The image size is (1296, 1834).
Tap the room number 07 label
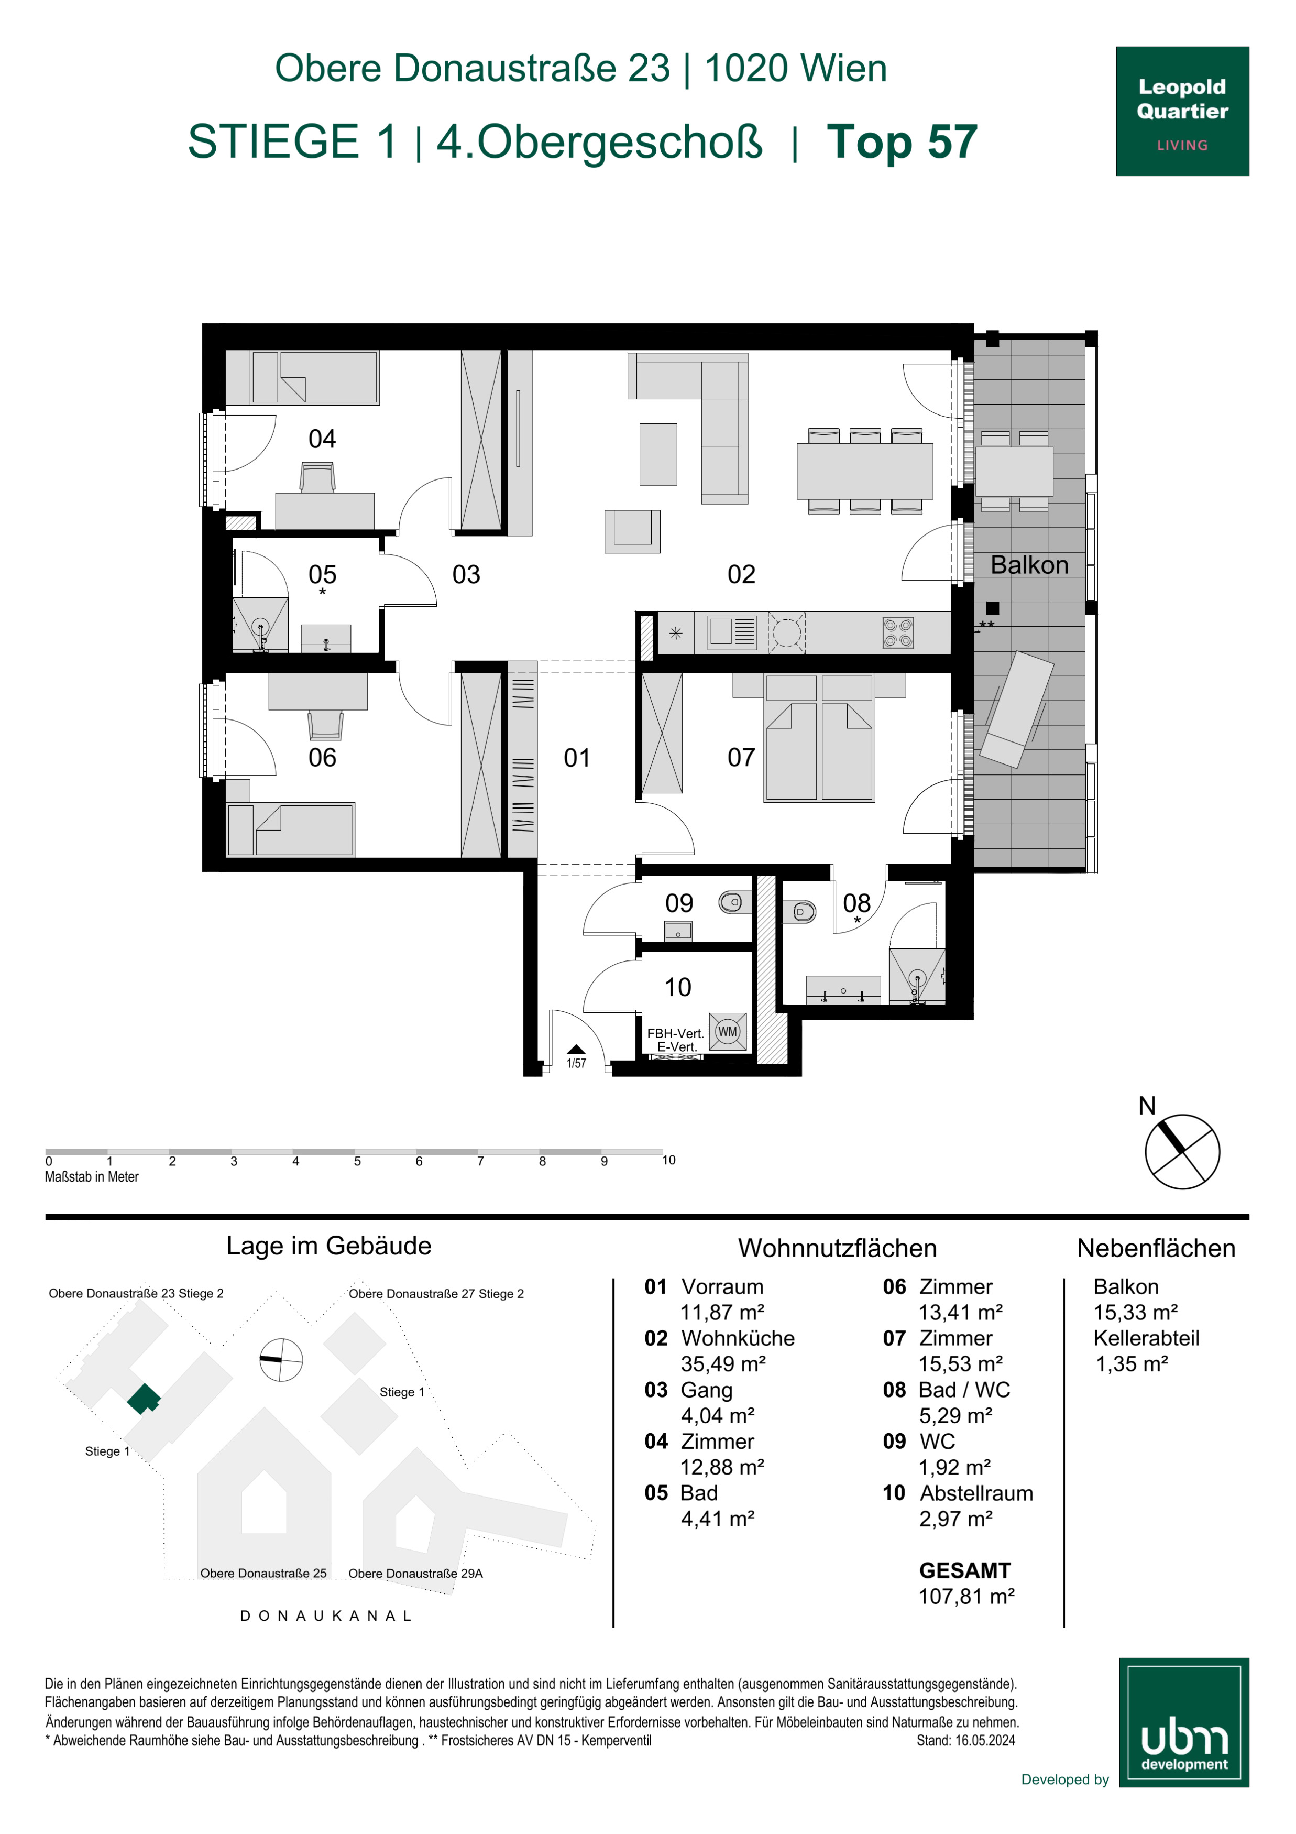[741, 757]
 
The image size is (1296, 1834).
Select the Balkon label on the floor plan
[1029, 565]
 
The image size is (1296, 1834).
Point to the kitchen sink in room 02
[732, 632]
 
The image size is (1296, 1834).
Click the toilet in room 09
[731, 903]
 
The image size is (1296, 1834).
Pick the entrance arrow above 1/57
[576, 1050]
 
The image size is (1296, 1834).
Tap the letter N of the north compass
[1147, 1106]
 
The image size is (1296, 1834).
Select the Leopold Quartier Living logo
[1182, 111]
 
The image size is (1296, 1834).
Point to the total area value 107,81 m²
[966, 1596]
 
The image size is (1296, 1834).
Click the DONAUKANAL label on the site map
[326, 1615]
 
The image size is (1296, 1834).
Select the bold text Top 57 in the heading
[902, 141]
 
